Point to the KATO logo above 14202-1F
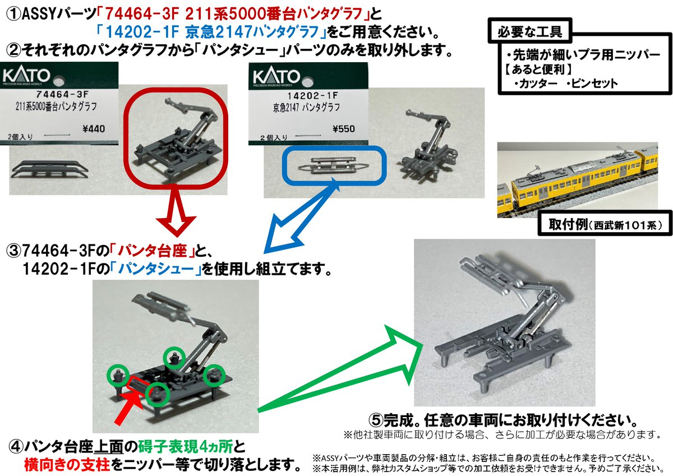[x=277, y=76]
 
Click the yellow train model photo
[x=577, y=180]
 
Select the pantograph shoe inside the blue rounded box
[x=329, y=166]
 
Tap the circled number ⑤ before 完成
[x=376, y=420]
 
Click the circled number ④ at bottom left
[x=16, y=447]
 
